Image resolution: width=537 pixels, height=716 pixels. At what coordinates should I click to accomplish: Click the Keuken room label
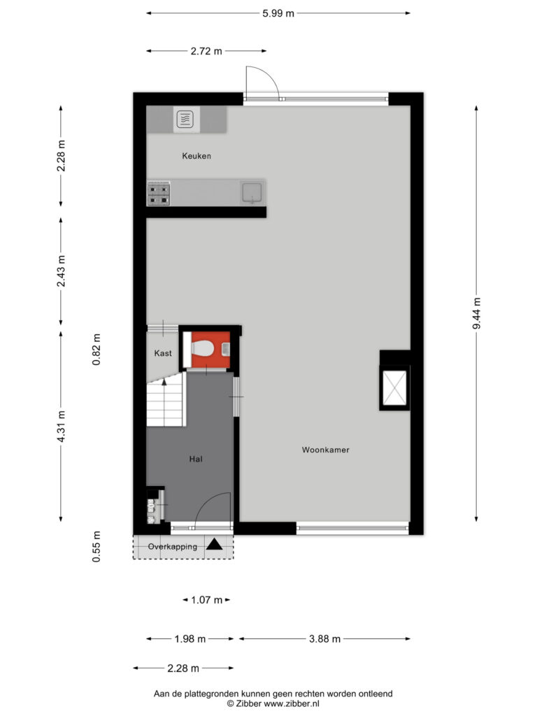click(x=196, y=156)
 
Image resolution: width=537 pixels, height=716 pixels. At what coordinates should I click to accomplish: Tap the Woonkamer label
click(x=326, y=450)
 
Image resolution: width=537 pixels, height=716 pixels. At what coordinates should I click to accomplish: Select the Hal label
click(x=196, y=459)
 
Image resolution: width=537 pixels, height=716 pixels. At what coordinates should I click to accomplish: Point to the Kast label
click(x=163, y=353)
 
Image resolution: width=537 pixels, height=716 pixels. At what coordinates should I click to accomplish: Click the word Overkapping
click(x=173, y=547)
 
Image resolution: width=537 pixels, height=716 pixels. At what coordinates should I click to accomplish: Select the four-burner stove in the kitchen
click(x=159, y=194)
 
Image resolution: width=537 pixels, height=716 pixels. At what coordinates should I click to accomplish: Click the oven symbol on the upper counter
click(x=185, y=120)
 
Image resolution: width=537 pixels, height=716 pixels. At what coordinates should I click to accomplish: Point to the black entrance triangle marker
click(x=214, y=544)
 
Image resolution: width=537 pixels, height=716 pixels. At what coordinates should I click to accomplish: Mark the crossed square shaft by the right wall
click(x=394, y=388)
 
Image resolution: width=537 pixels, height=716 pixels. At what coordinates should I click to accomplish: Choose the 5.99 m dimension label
click(x=278, y=13)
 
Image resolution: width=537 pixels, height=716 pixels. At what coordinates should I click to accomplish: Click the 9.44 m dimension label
click(x=477, y=313)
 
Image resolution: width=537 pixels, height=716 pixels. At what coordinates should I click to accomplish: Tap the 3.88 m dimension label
click(x=324, y=639)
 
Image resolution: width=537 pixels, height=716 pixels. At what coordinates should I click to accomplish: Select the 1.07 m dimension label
click(x=206, y=600)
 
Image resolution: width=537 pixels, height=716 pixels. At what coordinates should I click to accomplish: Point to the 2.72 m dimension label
click(x=206, y=51)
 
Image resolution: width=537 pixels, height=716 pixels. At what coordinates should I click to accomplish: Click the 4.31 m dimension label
click(x=62, y=427)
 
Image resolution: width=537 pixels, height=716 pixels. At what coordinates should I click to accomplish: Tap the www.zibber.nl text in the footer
click(x=292, y=703)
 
